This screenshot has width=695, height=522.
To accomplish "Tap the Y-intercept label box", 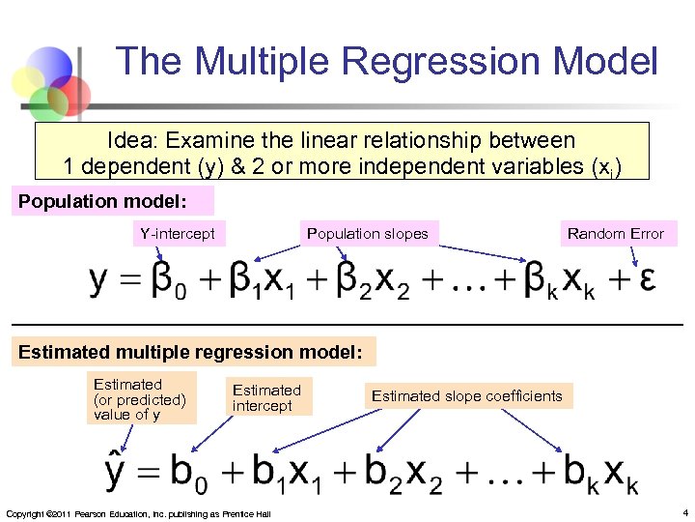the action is [x=178, y=233].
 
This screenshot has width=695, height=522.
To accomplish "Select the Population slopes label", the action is [x=367, y=233].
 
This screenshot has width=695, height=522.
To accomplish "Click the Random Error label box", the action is [x=615, y=233].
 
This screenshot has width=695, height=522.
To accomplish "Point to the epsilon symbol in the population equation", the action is [x=649, y=280].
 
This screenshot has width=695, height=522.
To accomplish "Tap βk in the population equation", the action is [x=535, y=281].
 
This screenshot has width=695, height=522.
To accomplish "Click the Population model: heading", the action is [x=110, y=202].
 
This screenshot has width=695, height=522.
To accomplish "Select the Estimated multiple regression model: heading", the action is [x=191, y=353].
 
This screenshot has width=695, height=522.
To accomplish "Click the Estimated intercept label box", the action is [x=266, y=397].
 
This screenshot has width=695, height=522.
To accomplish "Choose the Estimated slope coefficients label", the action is [x=466, y=395].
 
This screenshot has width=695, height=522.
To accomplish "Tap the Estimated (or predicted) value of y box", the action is [x=139, y=398].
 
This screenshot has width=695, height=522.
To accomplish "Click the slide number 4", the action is [x=684, y=511].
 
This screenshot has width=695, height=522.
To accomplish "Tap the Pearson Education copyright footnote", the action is [x=138, y=512].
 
